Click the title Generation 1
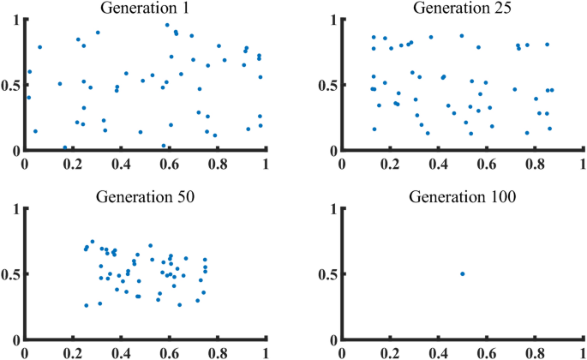145,9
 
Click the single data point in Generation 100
462,274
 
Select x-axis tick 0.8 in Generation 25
536,161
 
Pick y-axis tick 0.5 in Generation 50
10,274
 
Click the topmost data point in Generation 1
167,25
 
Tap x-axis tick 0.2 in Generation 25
391,161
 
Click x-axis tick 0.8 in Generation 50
218,351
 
